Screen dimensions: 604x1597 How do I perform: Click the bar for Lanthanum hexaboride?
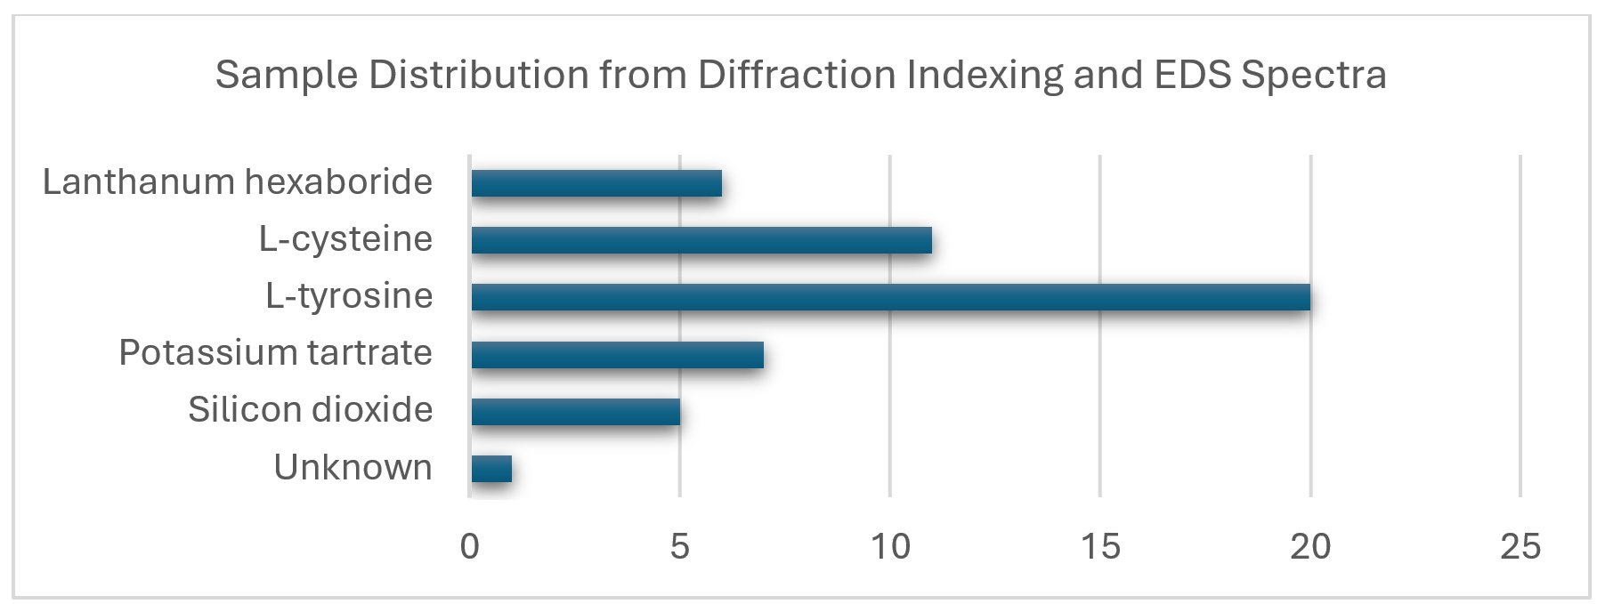596,183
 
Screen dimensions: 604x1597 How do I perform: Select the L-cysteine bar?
701,240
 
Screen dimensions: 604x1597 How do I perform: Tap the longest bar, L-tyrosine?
890,297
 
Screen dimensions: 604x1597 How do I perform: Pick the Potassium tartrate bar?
617,354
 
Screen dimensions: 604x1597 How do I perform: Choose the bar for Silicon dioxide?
575,411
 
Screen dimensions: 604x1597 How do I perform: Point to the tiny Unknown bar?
491,468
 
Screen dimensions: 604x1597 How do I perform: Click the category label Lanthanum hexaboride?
238,182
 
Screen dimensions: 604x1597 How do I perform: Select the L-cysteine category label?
345,239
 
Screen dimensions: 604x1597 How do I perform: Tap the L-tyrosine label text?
349,296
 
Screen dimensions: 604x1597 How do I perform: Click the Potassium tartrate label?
275,353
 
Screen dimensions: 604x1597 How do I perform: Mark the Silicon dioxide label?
310,410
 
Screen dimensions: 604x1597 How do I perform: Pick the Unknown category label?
353,468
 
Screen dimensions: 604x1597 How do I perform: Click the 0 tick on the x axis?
469,546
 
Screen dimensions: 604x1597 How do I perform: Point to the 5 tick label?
679,546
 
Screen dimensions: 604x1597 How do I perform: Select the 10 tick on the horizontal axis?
889,546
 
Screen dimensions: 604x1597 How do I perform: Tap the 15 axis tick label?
1099,546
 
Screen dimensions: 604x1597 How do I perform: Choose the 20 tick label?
1309,546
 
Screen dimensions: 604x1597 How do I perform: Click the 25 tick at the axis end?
1520,546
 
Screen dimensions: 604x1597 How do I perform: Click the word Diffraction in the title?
797,75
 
